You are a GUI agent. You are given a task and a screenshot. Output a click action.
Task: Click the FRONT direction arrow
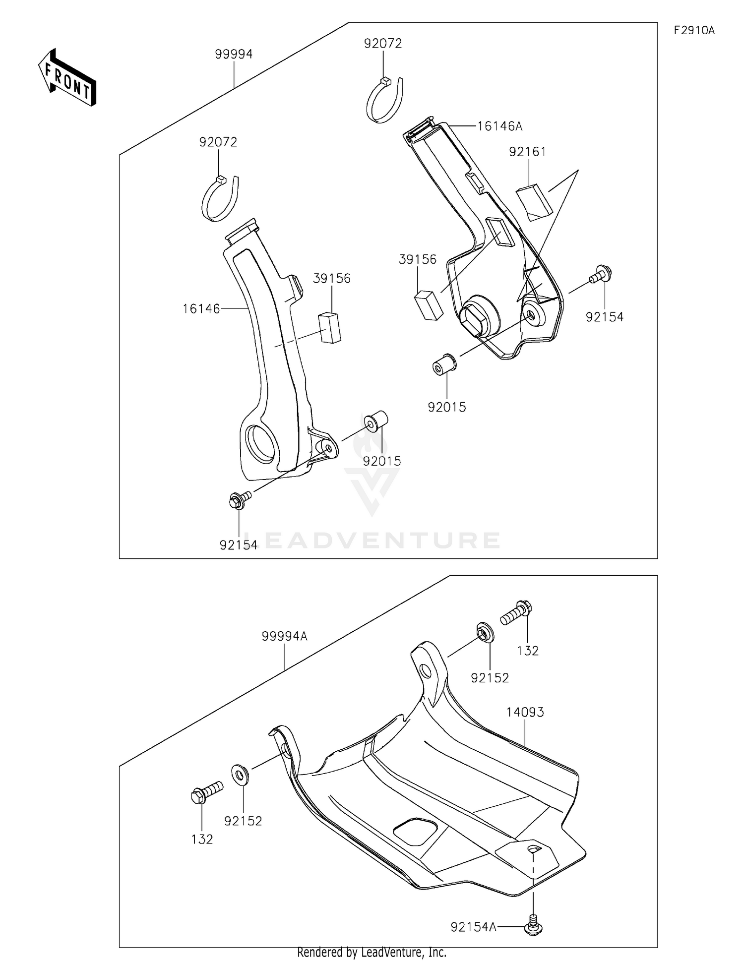[x=67, y=78]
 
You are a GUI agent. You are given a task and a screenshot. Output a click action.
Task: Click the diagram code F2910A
[x=694, y=31]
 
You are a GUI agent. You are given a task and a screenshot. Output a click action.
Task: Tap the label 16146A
[x=500, y=126]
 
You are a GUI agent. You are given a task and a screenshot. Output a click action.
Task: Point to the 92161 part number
[x=527, y=152]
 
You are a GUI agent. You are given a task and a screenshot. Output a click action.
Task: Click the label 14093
[x=525, y=712]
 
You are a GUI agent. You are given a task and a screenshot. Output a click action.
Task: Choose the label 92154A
[x=473, y=927]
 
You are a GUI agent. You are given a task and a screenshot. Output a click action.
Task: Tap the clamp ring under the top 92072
[x=384, y=101]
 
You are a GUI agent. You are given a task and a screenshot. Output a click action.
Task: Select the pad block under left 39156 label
[x=330, y=327]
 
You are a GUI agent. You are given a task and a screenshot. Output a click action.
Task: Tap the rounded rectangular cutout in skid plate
[x=415, y=830]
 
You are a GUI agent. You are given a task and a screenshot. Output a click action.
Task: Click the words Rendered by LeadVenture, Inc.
[x=372, y=952]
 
